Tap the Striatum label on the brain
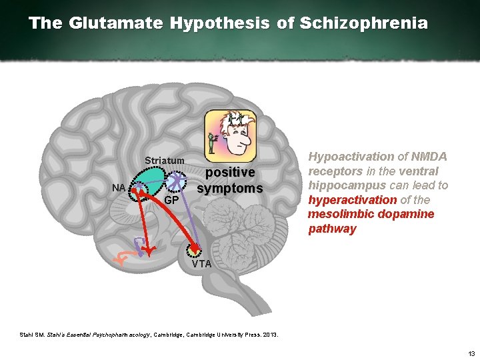tap(165, 161)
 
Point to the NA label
tap(119, 188)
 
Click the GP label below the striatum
tap(171, 200)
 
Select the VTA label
tap(201, 264)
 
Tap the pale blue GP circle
tap(177, 181)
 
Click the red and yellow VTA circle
tap(194, 249)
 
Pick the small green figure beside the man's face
tap(213, 140)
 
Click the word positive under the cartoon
tap(229, 173)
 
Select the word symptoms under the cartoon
tap(229, 189)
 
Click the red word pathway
tap(332, 229)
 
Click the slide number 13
tap(471, 353)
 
